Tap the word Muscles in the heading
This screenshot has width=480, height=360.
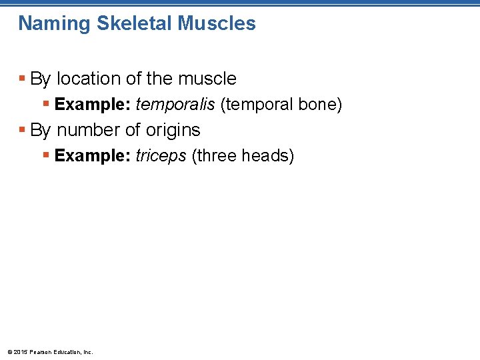217,23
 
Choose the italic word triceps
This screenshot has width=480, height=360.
161,156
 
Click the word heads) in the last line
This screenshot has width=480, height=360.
268,156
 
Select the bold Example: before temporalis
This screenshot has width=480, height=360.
93,105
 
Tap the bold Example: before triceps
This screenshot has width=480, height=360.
93,156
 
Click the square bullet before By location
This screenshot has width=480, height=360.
23,79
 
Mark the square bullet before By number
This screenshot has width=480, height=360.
23,130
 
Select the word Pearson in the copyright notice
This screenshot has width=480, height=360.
41,352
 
